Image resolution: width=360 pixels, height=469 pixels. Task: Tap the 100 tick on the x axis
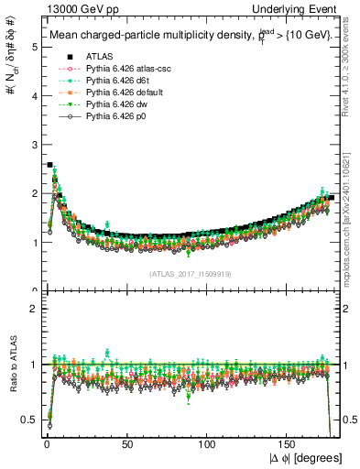[x=208, y=445]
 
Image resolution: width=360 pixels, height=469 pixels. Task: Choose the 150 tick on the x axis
[x=289, y=445]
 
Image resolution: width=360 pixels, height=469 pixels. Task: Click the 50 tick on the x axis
[x=127, y=445]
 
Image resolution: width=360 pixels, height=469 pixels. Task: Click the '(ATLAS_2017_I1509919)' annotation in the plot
[x=191, y=274]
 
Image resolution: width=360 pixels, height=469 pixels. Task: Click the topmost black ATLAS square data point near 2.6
[x=49, y=165]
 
